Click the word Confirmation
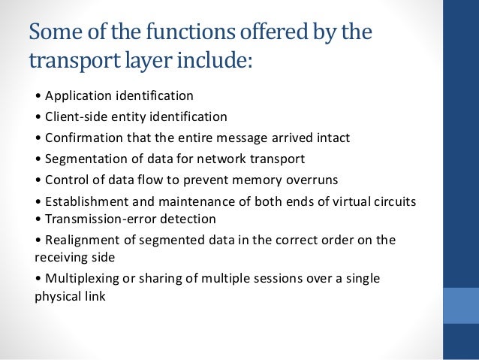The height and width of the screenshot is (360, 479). (80, 138)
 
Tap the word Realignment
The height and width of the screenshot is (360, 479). (79, 241)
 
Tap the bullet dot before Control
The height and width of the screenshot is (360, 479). (38, 180)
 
